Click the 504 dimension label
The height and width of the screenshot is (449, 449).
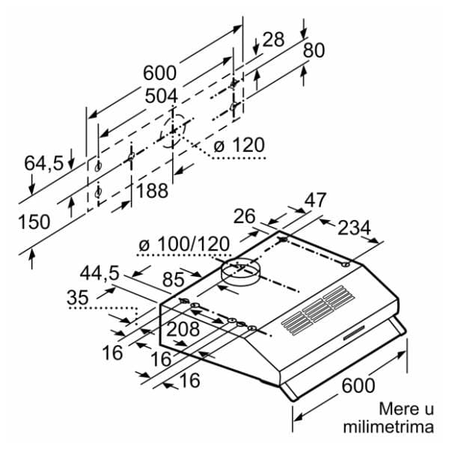[161, 96]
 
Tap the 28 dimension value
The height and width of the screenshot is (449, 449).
[273, 39]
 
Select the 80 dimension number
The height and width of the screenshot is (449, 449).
[314, 51]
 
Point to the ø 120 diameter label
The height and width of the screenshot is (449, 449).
[239, 145]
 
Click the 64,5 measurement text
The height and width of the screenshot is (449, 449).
[43, 162]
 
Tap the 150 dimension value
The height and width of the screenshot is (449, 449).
[34, 222]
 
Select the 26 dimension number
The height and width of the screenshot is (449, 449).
[245, 216]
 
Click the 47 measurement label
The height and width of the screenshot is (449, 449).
[315, 201]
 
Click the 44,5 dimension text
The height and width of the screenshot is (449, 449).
[100, 275]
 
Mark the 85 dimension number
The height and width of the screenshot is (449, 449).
[173, 281]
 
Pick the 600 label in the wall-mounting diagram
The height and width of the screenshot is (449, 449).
[159, 73]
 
